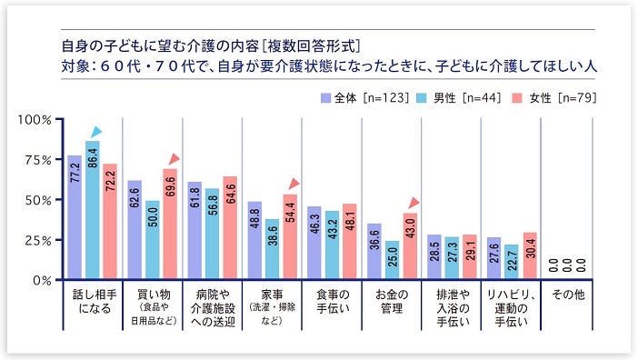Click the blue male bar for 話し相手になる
tap(92, 210)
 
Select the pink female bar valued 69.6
tap(169, 224)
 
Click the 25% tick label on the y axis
tap(37, 240)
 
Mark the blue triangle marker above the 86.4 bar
tap(95, 132)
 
